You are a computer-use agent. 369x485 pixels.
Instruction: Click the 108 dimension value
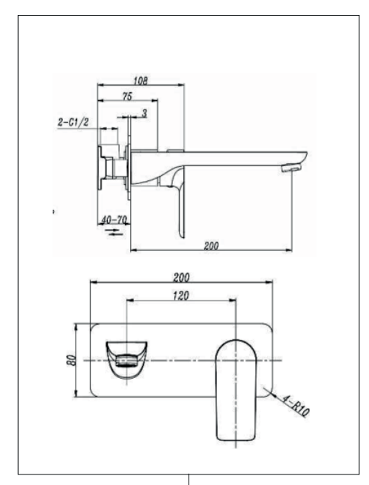(x=141, y=81)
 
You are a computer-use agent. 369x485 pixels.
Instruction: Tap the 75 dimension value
(x=127, y=97)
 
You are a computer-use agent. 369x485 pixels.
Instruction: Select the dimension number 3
(x=144, y=114)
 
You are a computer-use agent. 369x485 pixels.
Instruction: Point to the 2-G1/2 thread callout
(x=73, y=122)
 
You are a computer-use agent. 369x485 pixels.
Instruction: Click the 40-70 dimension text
(x=114, y=220)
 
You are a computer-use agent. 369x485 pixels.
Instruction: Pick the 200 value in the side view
(x=211, y=246)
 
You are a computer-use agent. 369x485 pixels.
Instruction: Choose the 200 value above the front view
(x=181, y=278)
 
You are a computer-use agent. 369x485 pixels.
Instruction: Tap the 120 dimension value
(x=180, y=296)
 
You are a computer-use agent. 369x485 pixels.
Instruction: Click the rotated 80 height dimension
(x=71, y=360)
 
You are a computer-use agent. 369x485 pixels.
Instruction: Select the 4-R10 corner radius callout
(x=296, y=406)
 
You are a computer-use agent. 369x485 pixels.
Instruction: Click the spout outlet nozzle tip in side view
(x=291, y=168)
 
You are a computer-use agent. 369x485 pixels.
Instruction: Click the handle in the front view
(x=236, y=390)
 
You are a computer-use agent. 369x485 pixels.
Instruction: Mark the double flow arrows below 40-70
(x=114, y=232)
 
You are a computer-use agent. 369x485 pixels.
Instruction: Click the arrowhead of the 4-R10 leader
(x=266, y=390)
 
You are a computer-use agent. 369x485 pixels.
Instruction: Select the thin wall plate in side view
(x=129, y=158)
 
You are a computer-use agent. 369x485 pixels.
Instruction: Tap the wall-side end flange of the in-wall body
(x=100, y=168)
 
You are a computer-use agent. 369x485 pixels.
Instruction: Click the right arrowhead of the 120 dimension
(x=232, y=299)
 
